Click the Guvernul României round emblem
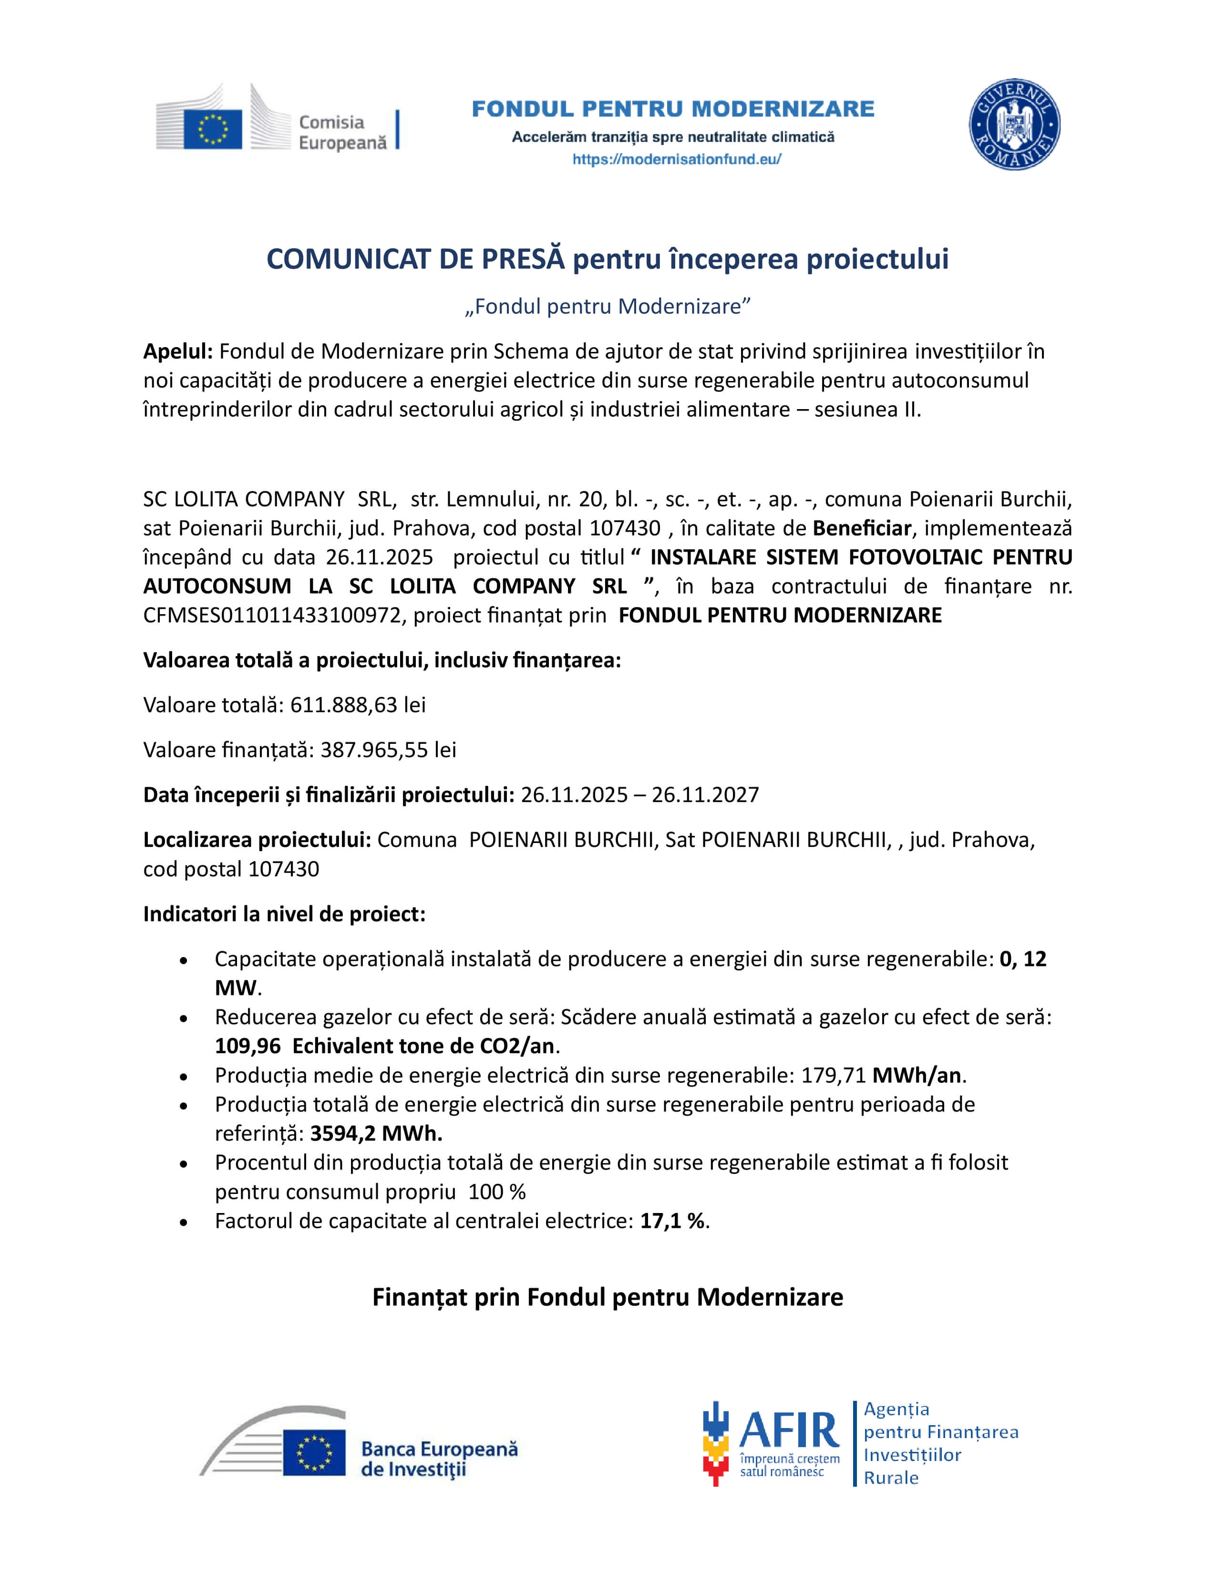point(1014,124)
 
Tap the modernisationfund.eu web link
point(677,159)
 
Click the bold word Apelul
point(178,351)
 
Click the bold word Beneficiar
point(862,528)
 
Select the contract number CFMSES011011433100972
point(272,615)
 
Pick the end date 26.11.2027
point(705,794)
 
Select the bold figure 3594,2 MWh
point(376,1134)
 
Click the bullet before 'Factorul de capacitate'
point(185,1222)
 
